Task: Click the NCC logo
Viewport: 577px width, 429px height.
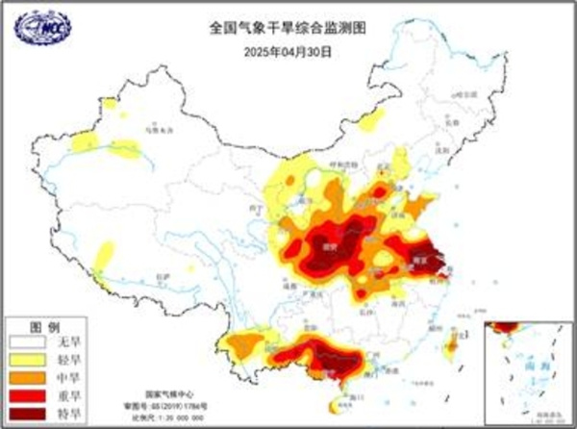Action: pyautogui.click(x=38, y=29)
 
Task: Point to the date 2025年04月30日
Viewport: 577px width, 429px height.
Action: pyautogui.click(x=288, y=49)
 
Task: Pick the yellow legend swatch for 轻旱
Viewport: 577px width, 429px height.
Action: pyautogui.click(x=28, y=357)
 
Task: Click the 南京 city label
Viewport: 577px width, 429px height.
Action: pyautogui.click(x=421, y=259)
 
